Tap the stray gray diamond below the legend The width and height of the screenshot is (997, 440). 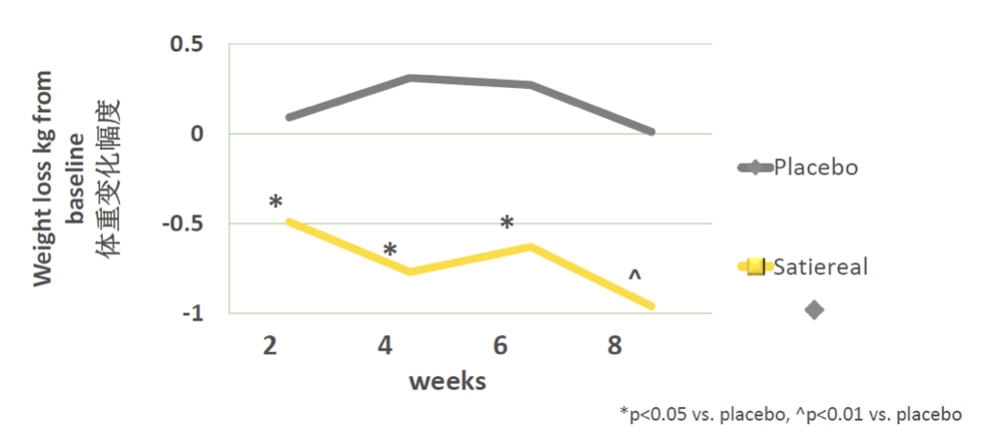click(814, 310)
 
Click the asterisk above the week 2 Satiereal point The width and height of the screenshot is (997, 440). click(275, 202)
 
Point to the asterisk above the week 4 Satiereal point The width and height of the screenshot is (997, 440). click(390, 250)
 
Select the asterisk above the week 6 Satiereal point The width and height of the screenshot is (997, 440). click(507, 224)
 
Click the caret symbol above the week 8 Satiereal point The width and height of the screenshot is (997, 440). click(634, 276)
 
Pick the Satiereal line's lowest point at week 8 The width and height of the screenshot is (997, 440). click(651, 306)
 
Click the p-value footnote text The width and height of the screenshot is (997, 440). click(790, 413)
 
